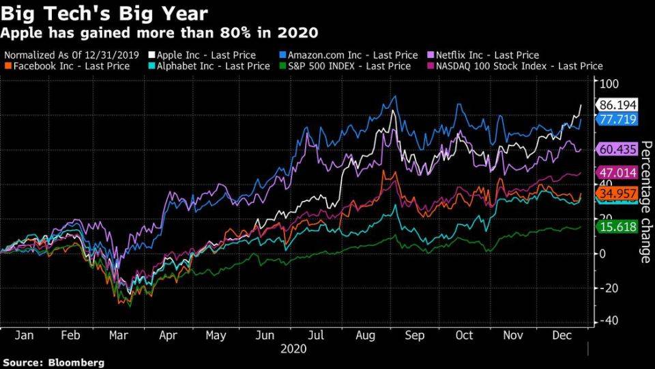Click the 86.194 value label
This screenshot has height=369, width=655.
pyautogui.click(x=617, y=105)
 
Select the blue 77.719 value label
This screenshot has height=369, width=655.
pyautogui.click(x=617, y=120)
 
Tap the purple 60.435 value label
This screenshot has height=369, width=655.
pyautogui.click(x=617, y=149)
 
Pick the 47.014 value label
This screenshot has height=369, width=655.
pyautogui.click(x=617, y=173)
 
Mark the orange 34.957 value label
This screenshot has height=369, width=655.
pyautogui.click(x=617, y=193)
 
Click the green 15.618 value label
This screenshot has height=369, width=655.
pyautogui.click(x=617, y=226)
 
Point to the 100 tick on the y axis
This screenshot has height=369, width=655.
pyautogui.click(x=608, y=83)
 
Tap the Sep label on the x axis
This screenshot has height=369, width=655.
pyautogui.click(x=415, y=336)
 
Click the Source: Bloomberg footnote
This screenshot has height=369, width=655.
pyautogui.click(x=53, y=362)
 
